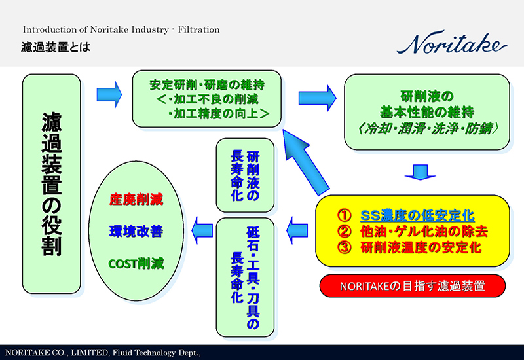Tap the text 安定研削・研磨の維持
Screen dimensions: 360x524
207,86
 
